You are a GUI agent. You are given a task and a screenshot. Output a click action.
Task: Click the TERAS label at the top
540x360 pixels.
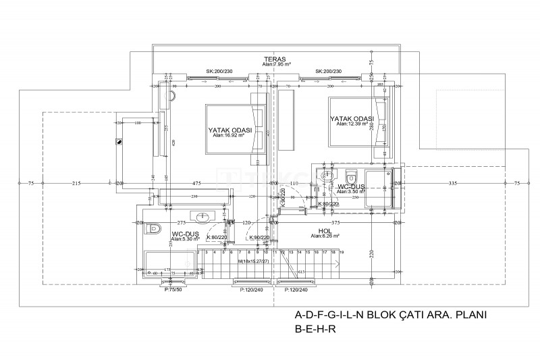pyautogui.click(x=275, y=59)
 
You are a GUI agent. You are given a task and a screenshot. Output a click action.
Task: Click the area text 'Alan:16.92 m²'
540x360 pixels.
pyautogui.click(x=228, y=135)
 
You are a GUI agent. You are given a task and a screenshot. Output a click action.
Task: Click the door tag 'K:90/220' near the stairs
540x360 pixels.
pyautogui.click(x=260, y=238)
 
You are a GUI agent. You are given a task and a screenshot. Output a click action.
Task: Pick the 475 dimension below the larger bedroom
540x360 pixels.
pyautogui.click(x=196, y=183)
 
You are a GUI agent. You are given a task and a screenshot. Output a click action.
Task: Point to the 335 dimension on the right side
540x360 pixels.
pyautogui.click(x=452, y=183)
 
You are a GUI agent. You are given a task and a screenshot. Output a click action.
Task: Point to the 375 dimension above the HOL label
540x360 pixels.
pyautogui.click(x=335, y=222)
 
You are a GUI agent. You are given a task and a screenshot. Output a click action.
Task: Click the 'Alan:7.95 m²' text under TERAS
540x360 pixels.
pyautogui.click(x=275, y=65)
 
